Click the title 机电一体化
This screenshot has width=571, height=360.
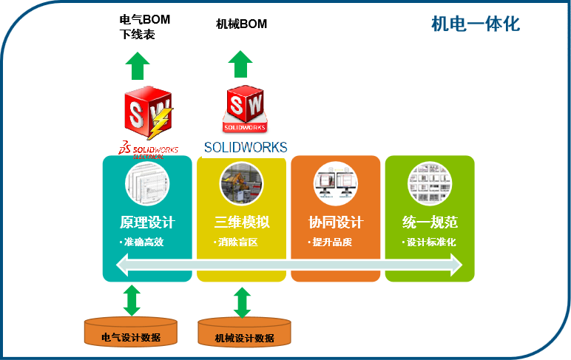tap(476, 24)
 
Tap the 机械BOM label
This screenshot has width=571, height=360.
tap(241, 24)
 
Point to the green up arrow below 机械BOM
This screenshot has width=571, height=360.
tap(240, 64)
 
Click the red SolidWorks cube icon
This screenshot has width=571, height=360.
tap(244, 108)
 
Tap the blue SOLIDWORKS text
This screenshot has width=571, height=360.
tap(245, 146)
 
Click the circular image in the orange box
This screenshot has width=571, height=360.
tap(336, 183)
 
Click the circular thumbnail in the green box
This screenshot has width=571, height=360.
tap(430, 183)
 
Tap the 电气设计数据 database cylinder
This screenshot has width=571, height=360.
tap(131, 333)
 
